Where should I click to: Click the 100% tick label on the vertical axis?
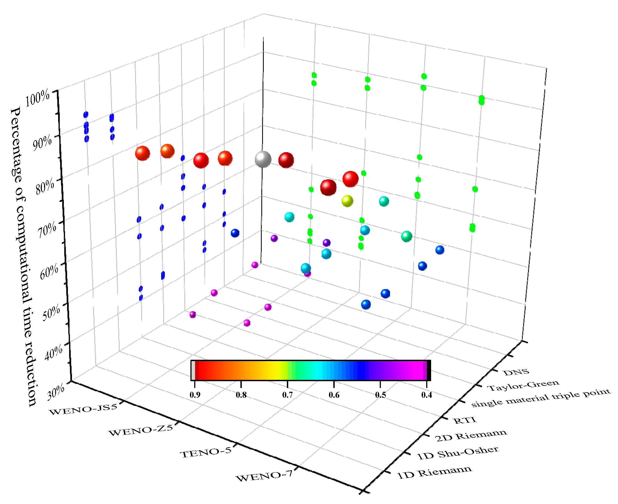coord(37,98)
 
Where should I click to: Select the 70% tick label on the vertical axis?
coord(47,229)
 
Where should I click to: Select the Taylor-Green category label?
coord(523,386)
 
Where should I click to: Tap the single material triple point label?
coord(541,398)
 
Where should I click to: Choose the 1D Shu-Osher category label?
coord(458,453)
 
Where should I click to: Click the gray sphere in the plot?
coord(263,159)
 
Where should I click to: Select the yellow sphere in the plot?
coord(347,201)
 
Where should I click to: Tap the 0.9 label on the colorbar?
coord(195,395)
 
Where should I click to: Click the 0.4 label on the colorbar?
coord(426,395)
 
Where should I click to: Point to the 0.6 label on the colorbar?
coord(334,395)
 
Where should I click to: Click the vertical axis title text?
coord(23,255)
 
